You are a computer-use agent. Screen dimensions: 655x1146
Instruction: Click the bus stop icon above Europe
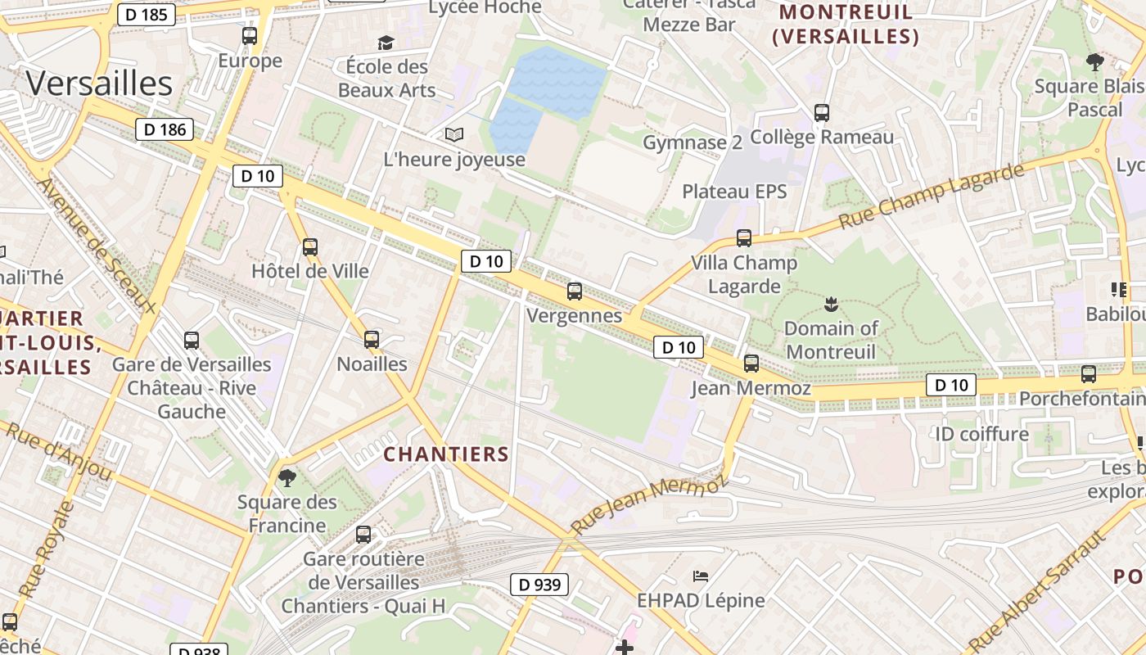[250, 36]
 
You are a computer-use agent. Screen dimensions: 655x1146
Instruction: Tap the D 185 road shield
[147, 14]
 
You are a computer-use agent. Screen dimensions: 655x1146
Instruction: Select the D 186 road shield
[165, 129]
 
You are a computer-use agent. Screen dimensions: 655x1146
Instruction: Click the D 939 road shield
[539, 584]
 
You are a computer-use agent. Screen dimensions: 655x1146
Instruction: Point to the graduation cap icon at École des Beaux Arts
[386, 43]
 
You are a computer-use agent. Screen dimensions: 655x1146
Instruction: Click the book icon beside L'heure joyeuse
[453, 134]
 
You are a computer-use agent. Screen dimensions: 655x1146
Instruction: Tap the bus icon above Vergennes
[575, 291]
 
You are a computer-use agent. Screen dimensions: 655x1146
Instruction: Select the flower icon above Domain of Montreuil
[831, 305]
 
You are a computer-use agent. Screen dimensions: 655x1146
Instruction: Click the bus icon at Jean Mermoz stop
[751, 364]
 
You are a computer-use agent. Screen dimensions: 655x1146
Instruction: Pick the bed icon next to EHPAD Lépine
[701, 576]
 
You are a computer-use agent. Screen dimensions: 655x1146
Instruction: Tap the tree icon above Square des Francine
[286, 477]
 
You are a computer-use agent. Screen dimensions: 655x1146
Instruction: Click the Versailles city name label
[99, 84]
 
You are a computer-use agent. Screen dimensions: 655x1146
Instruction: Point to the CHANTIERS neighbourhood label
[446, 454]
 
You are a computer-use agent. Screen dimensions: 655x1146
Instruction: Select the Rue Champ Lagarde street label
[931, 196]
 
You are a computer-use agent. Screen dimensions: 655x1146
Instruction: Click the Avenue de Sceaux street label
[97, 246]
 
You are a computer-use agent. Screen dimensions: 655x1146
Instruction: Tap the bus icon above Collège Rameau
[822, 113]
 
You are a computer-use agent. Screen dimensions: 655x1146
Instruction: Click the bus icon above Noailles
[372, 339]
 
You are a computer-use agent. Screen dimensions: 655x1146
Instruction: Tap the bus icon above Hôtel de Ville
[309, 246]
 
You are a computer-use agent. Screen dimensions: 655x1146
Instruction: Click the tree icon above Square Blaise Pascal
[1094, 61]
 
